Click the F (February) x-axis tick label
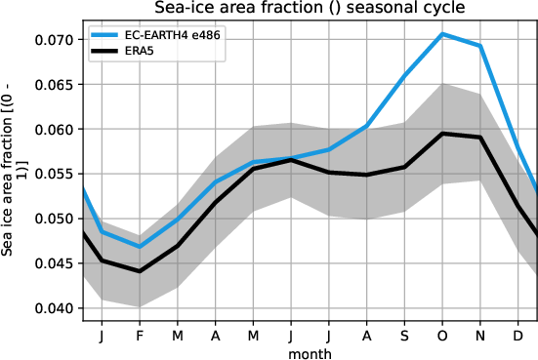tap(139, 336)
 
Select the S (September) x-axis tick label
tap(404, 336)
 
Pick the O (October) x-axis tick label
tap(442, 336)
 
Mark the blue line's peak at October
tap(442, 34)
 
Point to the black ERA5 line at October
tap(442, 134)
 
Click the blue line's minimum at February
tap(139, 247)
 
